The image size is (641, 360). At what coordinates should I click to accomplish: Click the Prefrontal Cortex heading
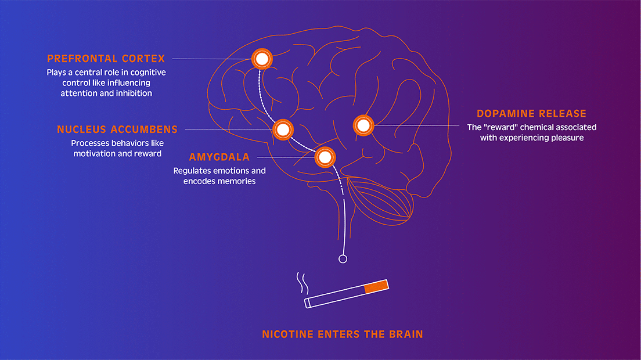tap(106, 59)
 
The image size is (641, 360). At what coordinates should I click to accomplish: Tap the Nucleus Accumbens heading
tap(117, 129)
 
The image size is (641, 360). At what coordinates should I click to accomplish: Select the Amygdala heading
tap(219, 157)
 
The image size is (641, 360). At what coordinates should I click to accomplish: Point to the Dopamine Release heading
tap(531, 114)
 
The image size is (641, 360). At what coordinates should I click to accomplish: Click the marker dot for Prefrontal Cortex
tap(261, 58)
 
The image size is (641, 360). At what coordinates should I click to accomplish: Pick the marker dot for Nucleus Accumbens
tap(283, 129)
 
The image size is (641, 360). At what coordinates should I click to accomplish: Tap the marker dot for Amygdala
tap(324, 157)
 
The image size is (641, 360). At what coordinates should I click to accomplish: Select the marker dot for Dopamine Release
tap(363, 125)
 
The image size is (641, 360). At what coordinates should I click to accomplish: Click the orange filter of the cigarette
tap(375, 286)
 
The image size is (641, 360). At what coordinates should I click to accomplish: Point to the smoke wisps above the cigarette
tap(301, 283)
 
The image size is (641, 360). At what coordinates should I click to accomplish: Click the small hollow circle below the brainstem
tap(343, 259)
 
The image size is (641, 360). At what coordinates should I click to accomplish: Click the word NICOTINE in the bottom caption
tap(288, 334)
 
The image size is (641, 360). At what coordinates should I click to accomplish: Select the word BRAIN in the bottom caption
tap(405, 334)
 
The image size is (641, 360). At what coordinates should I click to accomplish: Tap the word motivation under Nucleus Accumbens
tap(95, 154)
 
